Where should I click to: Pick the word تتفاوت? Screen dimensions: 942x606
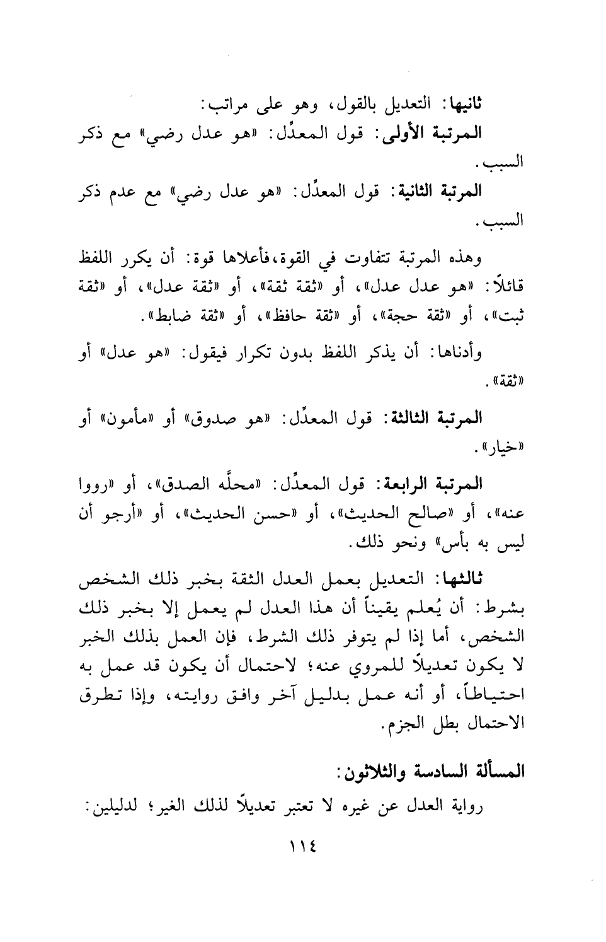coord(367,259)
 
